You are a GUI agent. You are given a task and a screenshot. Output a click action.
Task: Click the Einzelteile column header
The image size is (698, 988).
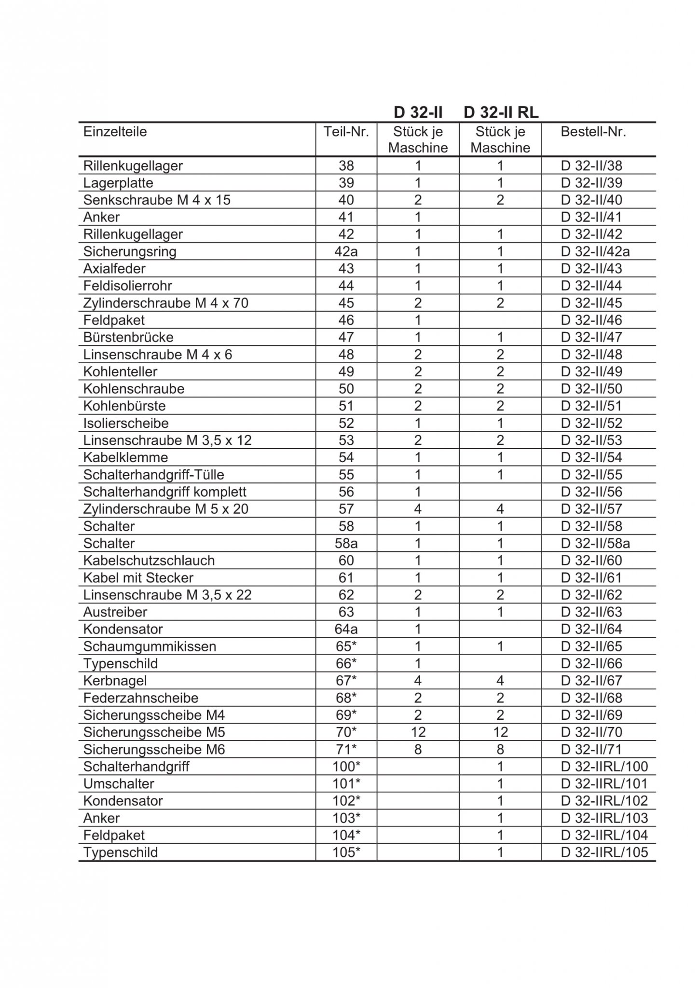point(115,132)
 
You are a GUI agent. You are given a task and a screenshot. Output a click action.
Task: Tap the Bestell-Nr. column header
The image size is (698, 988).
point(593,132)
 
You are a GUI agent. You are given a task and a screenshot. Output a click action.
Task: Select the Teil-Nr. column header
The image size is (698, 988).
point(346,132)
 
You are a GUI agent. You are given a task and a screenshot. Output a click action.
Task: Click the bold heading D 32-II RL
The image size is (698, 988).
point(501,112)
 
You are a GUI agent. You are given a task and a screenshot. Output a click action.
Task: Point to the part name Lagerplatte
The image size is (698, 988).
point(118,183)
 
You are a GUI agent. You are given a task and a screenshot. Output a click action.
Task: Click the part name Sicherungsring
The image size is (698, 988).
point(130,251)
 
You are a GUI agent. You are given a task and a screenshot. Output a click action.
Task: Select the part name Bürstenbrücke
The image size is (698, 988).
point(128,337)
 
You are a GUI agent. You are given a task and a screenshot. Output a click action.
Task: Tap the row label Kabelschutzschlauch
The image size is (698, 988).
point(149,561)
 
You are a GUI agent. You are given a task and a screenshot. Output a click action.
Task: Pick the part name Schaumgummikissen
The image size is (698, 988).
point(150,646)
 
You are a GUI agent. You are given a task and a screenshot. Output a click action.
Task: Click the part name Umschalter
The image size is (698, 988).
point(119,783)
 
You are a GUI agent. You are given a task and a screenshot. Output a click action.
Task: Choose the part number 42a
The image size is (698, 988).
point(346,251)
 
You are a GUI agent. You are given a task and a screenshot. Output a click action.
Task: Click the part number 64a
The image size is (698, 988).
point(346,629)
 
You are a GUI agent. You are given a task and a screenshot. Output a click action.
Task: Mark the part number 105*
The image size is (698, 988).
point(346,852)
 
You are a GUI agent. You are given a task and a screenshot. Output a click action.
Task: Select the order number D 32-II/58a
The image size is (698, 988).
point(595,543)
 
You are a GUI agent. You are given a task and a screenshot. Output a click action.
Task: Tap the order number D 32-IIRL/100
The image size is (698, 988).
point(604,767)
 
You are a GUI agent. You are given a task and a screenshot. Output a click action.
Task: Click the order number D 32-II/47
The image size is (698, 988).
point(591,337)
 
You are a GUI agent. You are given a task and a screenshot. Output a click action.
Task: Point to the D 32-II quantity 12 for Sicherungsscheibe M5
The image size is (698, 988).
point(418,732)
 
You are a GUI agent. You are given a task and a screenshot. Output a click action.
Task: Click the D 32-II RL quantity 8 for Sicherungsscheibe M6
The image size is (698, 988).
point(500,749)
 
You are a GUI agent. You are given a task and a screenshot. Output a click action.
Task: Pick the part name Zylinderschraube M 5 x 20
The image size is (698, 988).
point(165,509)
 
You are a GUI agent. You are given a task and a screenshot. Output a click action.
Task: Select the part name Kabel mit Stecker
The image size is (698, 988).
point(138,577)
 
